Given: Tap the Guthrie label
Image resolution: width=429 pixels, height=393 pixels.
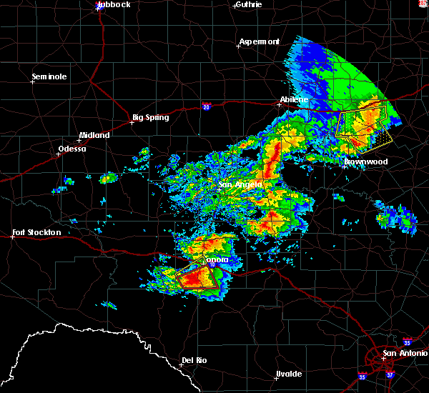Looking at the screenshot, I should (x=247, y=4).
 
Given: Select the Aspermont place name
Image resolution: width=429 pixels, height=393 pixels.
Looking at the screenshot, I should (x=260, y=41).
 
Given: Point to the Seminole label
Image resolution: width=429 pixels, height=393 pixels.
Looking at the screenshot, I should (x=49, y=76).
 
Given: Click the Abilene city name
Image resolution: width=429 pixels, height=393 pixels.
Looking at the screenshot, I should (x=293, y=99).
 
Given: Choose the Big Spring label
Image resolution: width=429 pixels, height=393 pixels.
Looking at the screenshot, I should (x=151, y=117).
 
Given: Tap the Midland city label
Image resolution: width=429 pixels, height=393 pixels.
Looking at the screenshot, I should (x=94, y=135).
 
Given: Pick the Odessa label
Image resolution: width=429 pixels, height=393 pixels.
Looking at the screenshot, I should (x=73, y=149).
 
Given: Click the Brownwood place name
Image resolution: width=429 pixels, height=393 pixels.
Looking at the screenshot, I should (x=365, y=162).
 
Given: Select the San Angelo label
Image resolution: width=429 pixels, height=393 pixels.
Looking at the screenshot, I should (x=240, y=185).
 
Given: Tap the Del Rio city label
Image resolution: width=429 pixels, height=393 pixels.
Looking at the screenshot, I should (x=194, y=360).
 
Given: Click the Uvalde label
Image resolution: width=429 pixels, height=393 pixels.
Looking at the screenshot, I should (x=289, y=374).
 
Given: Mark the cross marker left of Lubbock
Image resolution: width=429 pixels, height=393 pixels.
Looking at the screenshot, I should (x=97, y=9).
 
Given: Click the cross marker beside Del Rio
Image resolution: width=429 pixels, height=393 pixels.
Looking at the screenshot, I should (x=180, y=364).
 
